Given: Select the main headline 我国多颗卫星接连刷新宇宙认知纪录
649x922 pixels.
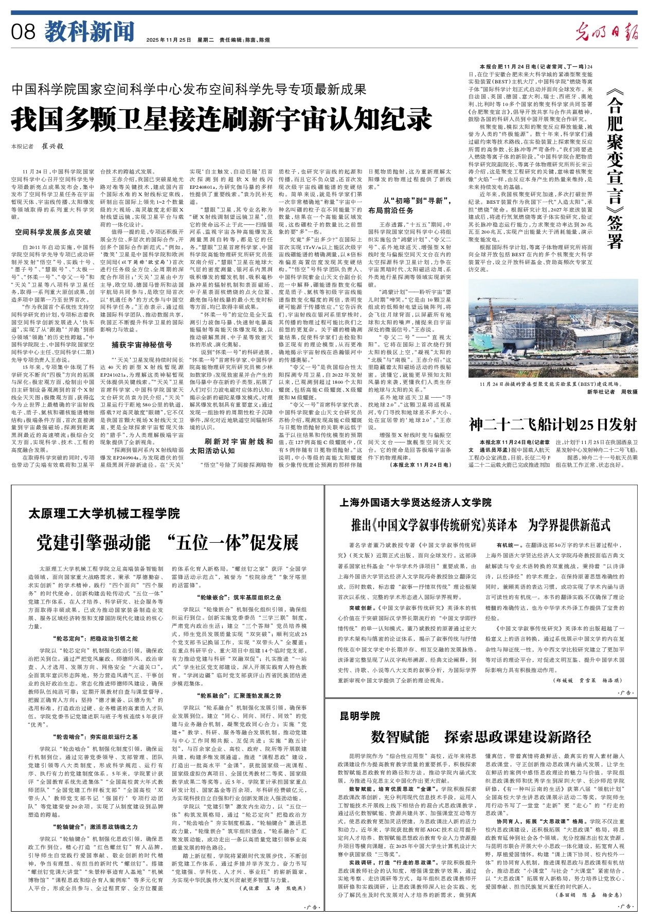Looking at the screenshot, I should [x=221, y=119].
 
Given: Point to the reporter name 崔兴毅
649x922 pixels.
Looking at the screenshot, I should [x=52, y=146].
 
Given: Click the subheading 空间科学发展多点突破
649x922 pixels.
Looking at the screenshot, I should [x=53, y=232].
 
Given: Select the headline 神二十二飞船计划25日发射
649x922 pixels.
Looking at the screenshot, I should [x=553, y=424].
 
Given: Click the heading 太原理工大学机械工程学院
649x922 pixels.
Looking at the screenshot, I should [x=104, y=513].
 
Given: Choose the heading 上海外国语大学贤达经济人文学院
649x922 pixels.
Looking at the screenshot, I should [x=416, y=502].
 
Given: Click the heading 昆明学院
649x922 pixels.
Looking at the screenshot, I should [x=360, y=716].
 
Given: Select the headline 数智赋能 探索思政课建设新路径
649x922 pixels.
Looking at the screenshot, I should [x=481, y=737].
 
